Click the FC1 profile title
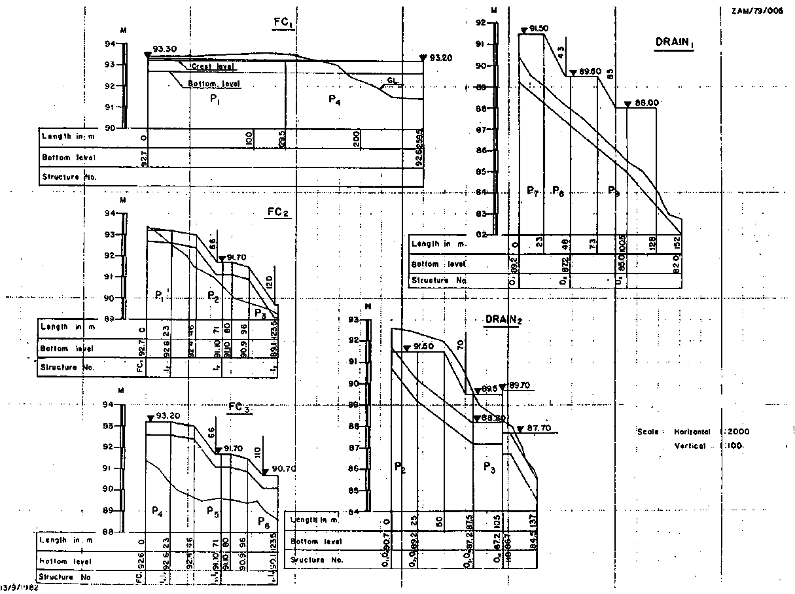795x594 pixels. click(282, 21)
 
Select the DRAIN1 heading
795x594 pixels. click(674, 42)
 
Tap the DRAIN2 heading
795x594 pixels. click(503, 319)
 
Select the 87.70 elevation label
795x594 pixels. click(538, 428)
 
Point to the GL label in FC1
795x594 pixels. click(392, 80)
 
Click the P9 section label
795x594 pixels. click(613, 190)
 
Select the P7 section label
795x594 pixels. click(532, 190)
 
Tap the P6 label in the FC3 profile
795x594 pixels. click(263, 523)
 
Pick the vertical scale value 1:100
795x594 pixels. click(734, 445)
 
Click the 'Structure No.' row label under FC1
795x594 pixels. click(71, 177)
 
